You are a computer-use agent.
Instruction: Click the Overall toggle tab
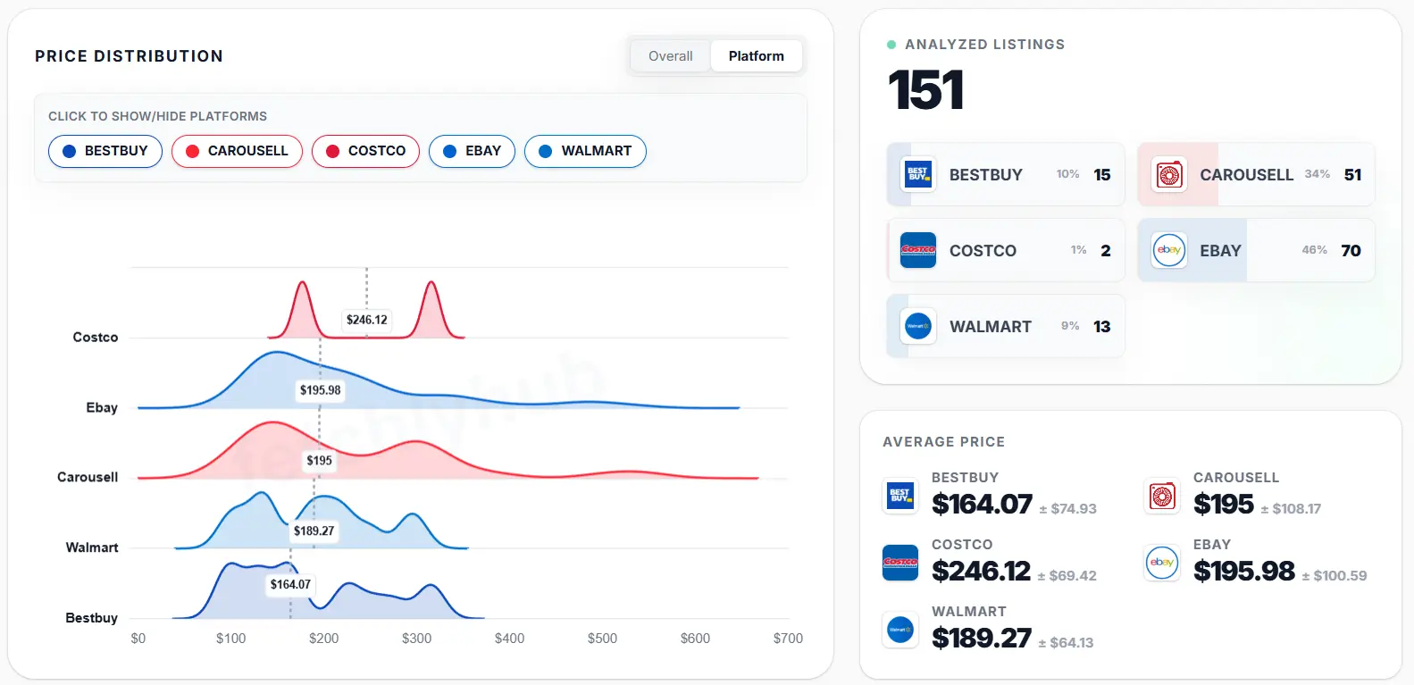[x=670, y=55]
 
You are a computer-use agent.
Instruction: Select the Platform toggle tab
[x=756, y=55]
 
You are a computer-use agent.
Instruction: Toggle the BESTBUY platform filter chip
[x=105, y=151]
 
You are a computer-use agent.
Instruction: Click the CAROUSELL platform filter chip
[x=237, y=151]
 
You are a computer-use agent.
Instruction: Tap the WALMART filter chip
[x=585, y=151]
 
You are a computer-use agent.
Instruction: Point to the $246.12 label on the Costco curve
[x=367, y=320]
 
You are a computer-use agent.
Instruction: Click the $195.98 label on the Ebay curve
[x=320, y=390]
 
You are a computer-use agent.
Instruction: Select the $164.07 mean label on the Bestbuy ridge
[x=290, y=584]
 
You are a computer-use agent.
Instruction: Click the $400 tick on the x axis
[x=509, y=639]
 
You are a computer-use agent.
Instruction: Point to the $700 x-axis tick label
[x=788, y=639]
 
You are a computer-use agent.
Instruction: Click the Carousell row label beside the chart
[x=88, y=477]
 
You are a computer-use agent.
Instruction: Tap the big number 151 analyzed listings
[x=926, y=90]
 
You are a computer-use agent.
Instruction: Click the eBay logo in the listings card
[x=1168, y=250]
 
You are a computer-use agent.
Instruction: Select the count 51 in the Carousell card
[x=1352, y=174]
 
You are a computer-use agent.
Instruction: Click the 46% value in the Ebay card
[x=1314, y=250]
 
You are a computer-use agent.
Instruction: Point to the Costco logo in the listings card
[x=917, y=250]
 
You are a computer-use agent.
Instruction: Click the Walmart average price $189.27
[x=981, y=638]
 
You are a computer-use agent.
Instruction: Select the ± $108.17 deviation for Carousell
[x=1290, y=509]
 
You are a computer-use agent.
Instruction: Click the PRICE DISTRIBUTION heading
[x=129, y=56]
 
